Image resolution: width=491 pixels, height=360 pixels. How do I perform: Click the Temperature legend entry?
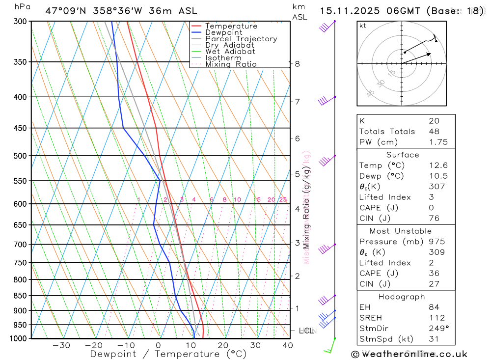[231, 26]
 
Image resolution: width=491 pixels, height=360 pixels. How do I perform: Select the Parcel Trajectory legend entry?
[241, 39]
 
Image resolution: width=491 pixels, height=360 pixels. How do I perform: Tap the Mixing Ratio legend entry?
[231, 64]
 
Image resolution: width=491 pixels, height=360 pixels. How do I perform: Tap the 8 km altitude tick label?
[297, 64]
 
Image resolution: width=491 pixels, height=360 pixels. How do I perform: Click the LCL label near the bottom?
[306, 331]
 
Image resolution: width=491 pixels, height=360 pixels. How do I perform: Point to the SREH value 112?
[436, 318]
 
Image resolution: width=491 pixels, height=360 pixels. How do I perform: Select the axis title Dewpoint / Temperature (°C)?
[168, 354]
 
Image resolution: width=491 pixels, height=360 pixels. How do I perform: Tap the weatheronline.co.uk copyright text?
[409, 354]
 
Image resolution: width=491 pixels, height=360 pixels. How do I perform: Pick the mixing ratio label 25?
[283, 199]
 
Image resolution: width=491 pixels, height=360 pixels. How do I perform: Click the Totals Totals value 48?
[434, 131]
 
